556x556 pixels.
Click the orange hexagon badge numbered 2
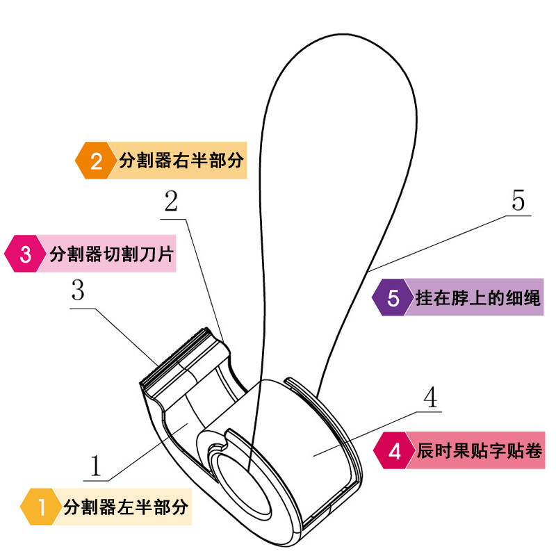[96, 161]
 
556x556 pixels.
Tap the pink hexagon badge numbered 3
[25, 254]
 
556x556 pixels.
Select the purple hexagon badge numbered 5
[393, 297]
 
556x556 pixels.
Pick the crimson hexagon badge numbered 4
[394, 450]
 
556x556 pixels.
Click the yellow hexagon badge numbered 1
[41, 507]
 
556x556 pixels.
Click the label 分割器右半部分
[181, 161]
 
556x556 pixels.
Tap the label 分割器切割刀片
[111, 254]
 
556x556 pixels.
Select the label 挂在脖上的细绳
[478, 297]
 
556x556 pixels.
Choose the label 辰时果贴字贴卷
[480, 450]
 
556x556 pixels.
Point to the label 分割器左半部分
[126, 507]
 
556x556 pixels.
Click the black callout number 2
[171, 202]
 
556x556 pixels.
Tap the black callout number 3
[78, 290]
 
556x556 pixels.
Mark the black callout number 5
[518, 200]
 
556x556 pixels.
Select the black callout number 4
[430, 397]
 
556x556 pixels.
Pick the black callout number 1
[96, 465]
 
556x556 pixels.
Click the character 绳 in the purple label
[532, 297]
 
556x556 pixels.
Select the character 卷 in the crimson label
[533, 450]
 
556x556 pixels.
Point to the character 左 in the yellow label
[126, 507]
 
